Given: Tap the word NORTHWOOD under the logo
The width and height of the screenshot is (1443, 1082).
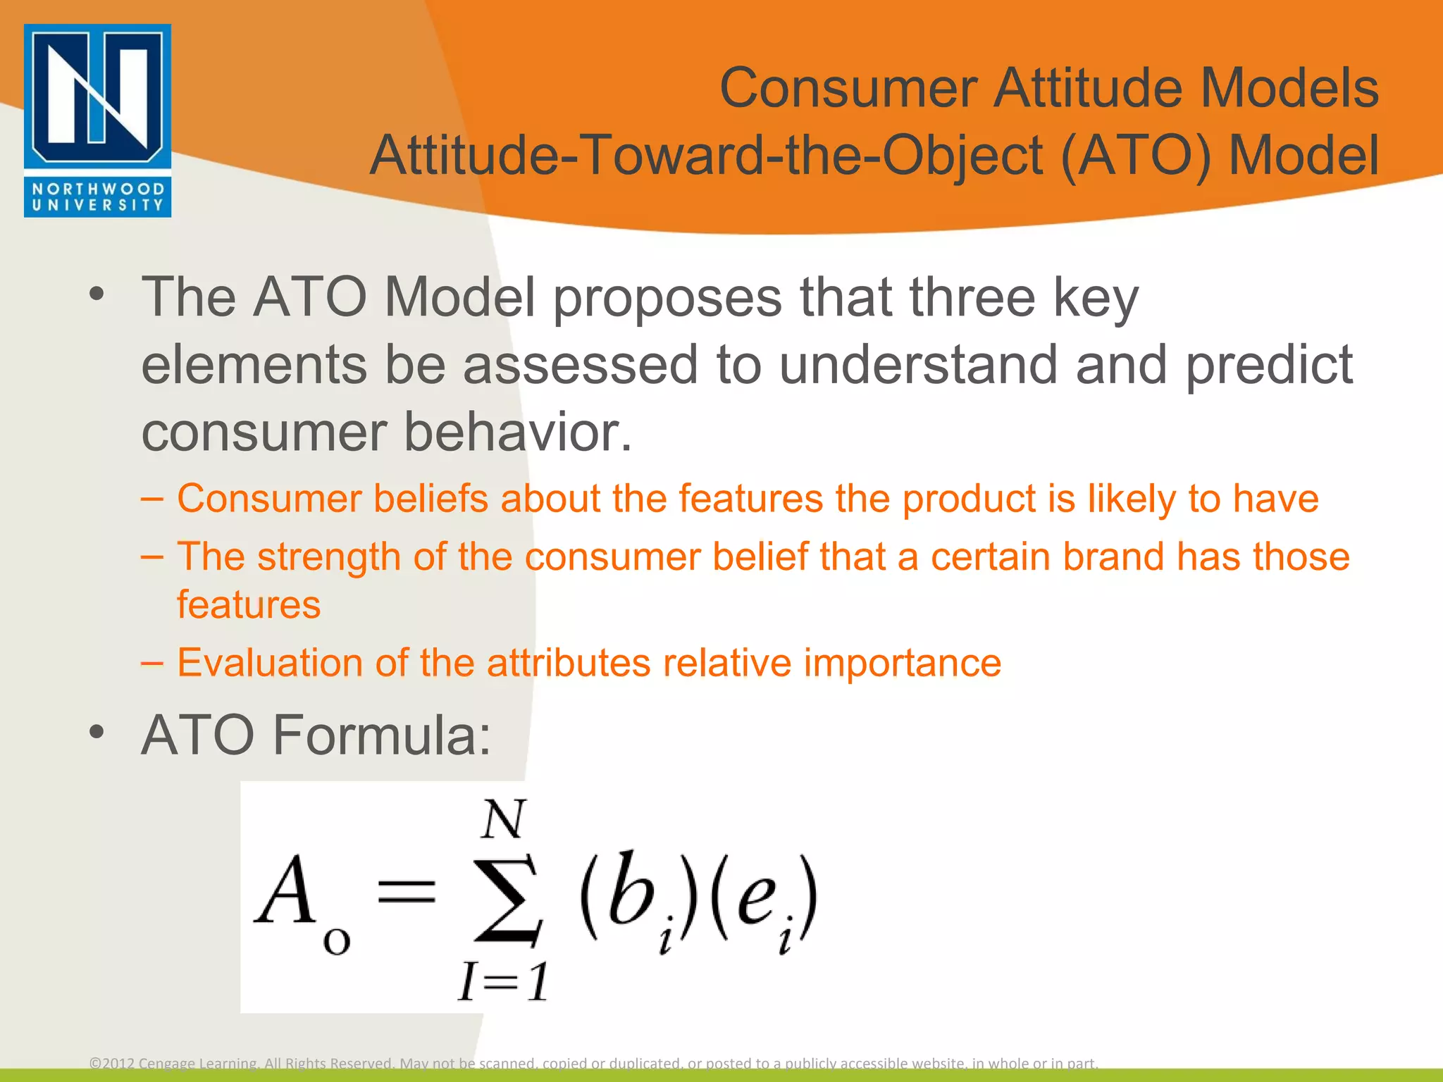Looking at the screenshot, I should pyautogui.click(x=97, y=189).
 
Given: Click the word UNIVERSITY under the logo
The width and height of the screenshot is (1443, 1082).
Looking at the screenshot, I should pyautogui.click(x=97, y=206).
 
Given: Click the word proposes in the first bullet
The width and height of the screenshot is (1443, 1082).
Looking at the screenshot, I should pyautogui.click(x=667, y=297).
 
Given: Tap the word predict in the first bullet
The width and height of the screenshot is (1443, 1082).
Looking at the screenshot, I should pyautogui.click(x=1268, y=365).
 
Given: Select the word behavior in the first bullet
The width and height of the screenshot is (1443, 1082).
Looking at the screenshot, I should pyautogui.click(x=518, y=432).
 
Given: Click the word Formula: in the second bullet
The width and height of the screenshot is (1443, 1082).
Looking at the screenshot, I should pyautogui.click(x=381, y=735).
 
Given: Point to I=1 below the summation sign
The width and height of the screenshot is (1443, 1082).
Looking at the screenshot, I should pyautogui.click(x=503, y=981).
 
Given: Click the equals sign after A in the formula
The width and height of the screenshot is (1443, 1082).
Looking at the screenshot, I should pyautogui.click(x=407, y=891).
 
